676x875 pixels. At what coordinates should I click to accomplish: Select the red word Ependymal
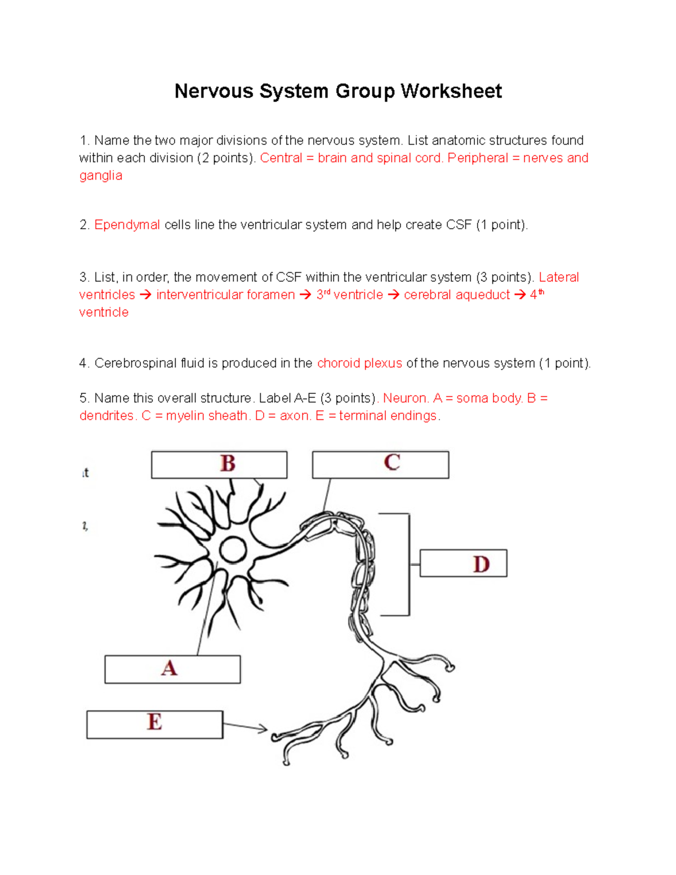(127, 225)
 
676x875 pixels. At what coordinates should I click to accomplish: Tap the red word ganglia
(101, 176)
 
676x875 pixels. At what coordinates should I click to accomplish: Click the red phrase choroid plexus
(359, 363)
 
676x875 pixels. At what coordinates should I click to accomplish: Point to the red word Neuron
(406, 398)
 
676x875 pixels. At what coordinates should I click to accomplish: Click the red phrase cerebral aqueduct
(457, 295)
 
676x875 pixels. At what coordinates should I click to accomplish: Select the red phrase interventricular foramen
(225, 295)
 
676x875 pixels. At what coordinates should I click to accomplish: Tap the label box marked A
(172, 669)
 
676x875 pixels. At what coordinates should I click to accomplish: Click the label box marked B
(219, 464)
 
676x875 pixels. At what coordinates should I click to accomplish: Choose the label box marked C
(381, 464)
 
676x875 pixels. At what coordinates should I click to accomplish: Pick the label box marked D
(463, 563)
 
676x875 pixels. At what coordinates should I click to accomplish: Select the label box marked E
(154, 724)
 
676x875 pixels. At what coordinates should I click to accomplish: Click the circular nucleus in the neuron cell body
(233, 550)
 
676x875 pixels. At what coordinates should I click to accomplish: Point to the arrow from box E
(246, 727)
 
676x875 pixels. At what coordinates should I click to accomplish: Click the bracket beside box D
(408, 564)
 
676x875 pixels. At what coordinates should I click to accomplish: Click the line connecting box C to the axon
(327, 495)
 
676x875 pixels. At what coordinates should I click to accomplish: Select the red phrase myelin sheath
(207, 416)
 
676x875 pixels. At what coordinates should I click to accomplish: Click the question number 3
(84, 278)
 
